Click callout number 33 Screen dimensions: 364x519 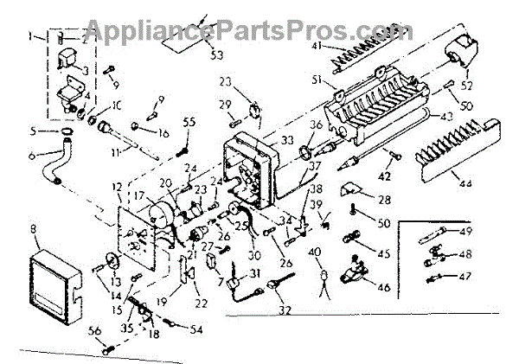pos(287,140)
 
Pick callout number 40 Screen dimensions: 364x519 pos(322,252)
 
